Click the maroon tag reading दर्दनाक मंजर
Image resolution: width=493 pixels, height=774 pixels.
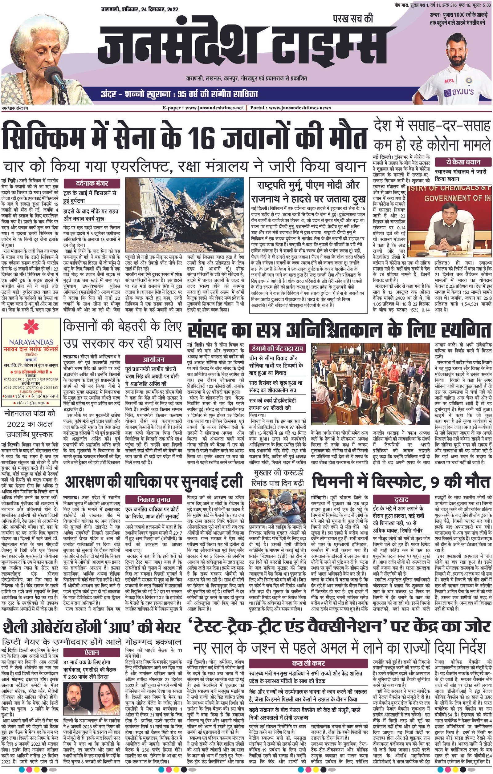[92, 184]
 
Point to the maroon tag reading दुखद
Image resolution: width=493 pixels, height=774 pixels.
[401, 500]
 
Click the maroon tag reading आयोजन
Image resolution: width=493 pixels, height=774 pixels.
[153, 359]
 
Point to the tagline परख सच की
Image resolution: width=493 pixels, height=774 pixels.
[353, 19]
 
